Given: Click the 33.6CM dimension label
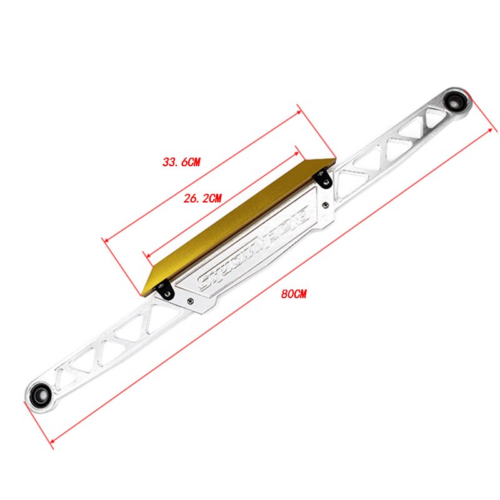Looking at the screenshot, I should click(181, 162).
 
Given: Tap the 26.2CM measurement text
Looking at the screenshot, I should click(202, 199).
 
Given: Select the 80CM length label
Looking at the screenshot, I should click(294, 294).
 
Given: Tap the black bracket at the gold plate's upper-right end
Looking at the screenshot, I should click(324, 177).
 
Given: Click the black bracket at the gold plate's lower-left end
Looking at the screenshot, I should click(166, 290).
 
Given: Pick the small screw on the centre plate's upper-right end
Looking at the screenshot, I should click(327, 203).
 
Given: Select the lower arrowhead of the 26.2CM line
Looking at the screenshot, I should click(146, 255).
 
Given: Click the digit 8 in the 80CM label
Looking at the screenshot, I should click(285, 294).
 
